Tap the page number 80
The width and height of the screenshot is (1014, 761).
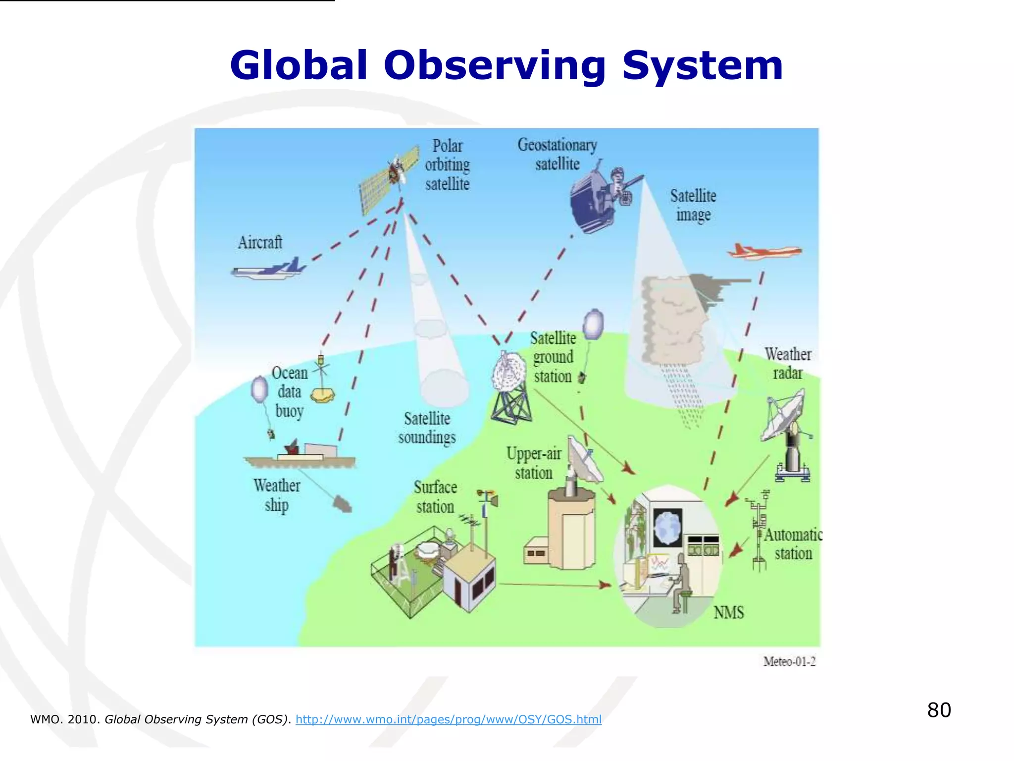pos(939,710)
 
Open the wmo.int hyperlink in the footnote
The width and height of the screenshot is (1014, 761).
pos(448,719)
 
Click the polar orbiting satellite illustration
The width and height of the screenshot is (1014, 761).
pos(389,181)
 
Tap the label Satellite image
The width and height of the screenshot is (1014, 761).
pos(693,205)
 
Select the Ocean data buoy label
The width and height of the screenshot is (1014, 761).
pos(290,392)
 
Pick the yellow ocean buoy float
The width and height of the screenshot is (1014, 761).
pos(323,395)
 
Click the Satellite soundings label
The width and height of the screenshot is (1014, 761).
pos(427,428)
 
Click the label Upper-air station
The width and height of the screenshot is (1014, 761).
pos(534,463)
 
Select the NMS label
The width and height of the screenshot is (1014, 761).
pos(728,613)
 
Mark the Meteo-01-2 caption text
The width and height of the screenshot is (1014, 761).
pos(789,661)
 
